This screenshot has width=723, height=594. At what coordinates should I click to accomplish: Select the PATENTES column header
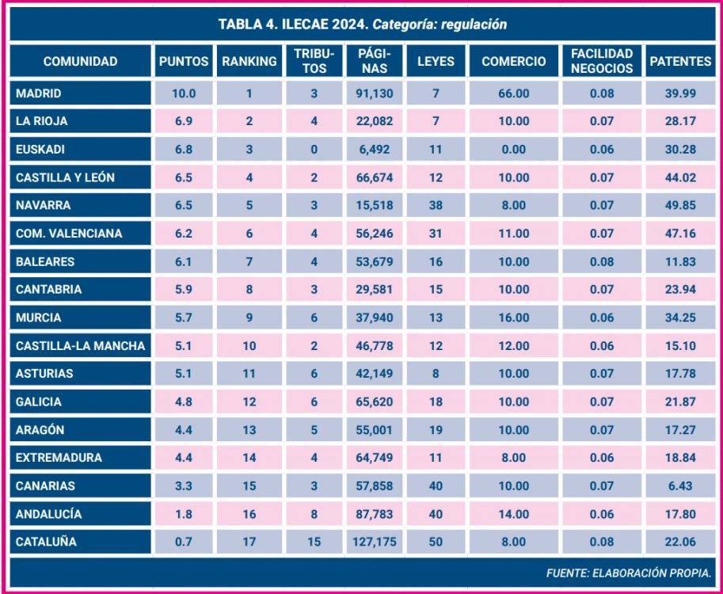pos(679,61)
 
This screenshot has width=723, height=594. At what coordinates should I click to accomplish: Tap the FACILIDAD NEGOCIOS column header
pos(602,61)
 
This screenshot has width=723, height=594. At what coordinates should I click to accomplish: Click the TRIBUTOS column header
pos(314,61)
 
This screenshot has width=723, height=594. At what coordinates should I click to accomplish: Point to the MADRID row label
pos(39,93)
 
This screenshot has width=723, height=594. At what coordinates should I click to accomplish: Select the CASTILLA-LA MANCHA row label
pos(80,345)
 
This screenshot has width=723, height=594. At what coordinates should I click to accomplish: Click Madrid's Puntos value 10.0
pos(184,93)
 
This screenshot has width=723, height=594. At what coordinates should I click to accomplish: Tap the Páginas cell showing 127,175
pos(371,542)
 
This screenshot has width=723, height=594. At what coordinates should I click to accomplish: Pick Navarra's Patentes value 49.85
pos(679,205)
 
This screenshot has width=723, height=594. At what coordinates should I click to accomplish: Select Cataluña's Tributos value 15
pos(314,542)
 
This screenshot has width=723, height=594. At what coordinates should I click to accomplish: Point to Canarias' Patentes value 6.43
pos(679,485)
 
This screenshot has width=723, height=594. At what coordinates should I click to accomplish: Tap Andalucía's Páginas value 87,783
pos(371,514)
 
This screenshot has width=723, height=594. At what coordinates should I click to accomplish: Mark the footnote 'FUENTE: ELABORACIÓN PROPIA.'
pos(628,572)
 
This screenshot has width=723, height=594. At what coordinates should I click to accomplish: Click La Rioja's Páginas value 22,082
pos(371,121)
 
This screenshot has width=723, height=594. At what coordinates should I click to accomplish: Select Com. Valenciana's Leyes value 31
pos(436,234)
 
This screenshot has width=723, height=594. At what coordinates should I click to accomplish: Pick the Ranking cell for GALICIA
pos(249,402)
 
